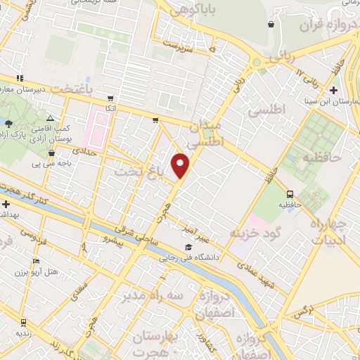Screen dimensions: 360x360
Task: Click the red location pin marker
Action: [182, 165]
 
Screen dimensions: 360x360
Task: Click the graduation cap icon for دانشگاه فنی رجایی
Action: [188, 247]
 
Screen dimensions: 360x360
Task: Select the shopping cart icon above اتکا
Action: [110, 98]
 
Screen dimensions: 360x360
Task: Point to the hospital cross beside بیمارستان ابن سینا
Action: [333, 89]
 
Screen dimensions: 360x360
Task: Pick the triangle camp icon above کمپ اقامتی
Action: [49, 120]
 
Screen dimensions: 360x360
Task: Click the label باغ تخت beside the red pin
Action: [141, 171]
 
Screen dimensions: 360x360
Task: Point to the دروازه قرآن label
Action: [324, 27]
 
